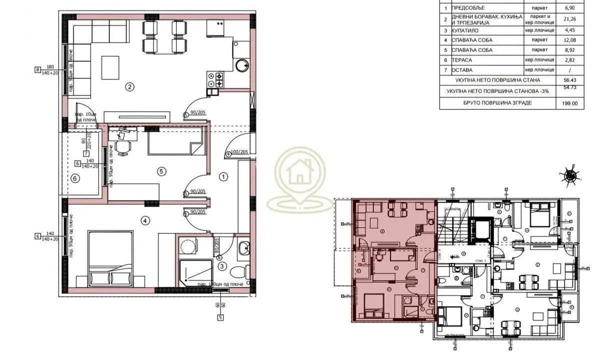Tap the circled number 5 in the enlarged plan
(161, 171)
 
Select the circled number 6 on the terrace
(75, 178)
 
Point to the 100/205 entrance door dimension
(239, 152)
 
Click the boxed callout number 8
(37, 70)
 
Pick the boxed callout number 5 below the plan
(220, 316)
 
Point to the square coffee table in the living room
(110, 66)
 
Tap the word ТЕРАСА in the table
(463, 60)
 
